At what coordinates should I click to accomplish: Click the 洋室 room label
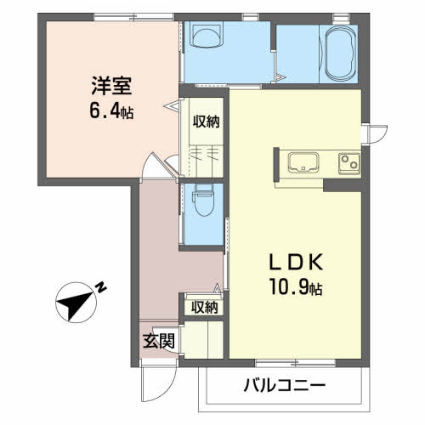click(x=111, y=86)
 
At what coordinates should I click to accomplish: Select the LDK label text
click(x=296, y=262)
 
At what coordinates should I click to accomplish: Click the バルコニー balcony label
click(x=285, y=385)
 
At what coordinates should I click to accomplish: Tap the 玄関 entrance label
click(x=158, y=341)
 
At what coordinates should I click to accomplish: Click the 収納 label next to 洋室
click(x=207, y=122)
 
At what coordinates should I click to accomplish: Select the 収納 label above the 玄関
click(x=204, y=307)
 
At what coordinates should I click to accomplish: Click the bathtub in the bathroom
click(x=341, y=54)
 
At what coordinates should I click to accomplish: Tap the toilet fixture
click(x=203, y=200)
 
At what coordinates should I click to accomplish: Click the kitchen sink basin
click(x=303, y=162)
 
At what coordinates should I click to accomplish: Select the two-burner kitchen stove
click(x=349, y=163)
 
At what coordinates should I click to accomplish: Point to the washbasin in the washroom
click(x=207, y=35)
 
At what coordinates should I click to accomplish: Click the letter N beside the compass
click(x=101, y=287)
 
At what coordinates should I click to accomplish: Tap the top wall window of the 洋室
click(x=133, y=17)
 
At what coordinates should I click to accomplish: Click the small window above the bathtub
click(x=341, y=17)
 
